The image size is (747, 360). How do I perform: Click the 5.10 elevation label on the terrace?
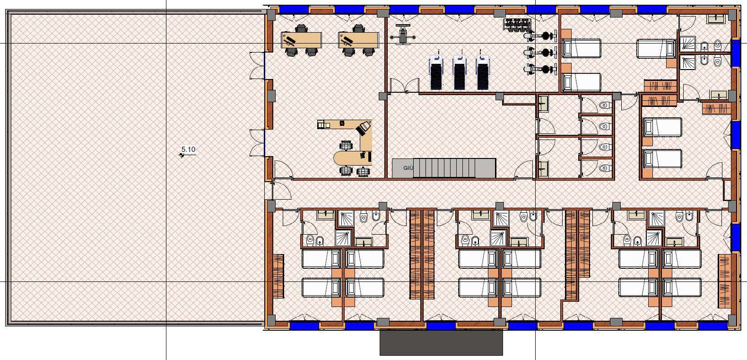189,149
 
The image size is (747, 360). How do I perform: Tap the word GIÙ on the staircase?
408,168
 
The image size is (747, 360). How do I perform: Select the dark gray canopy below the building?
441,342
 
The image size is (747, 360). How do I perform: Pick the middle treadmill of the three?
460,70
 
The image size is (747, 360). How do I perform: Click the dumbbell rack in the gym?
516,25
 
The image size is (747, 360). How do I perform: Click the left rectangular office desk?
302,40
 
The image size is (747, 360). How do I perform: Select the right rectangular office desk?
358,40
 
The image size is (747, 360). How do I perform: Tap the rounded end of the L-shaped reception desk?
344,158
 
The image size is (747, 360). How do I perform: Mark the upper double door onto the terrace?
257,65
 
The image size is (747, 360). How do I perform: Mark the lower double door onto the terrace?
257,143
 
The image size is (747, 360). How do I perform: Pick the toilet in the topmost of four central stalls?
604,105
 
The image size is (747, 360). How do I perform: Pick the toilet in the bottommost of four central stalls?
604,168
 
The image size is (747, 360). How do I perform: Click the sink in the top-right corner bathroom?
716,19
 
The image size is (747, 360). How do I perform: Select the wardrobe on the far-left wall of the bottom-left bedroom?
278,276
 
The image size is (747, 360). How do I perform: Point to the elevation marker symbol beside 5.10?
182,155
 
